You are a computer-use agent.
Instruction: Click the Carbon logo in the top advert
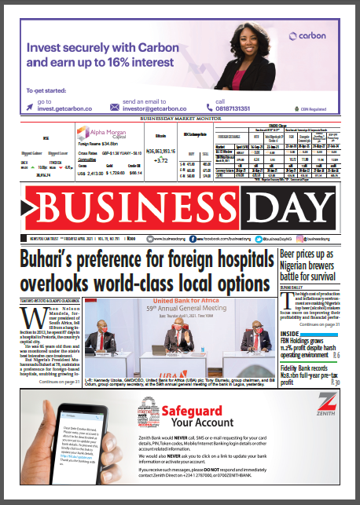tap(309, 36)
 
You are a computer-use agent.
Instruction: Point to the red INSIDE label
tap(290, 333)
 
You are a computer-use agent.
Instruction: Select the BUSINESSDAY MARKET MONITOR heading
tap(178, 119)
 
